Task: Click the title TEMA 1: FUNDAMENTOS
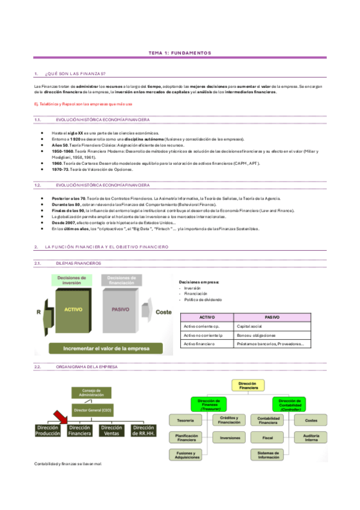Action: pyautogui.click(x=180, y=54)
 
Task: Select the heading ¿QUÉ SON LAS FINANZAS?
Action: pyautogui.click(x=75, y=73)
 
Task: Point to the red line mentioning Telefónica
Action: pyautogui.click(x=78, y=104)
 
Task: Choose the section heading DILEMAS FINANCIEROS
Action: pyautogui.click(x=78, y=263)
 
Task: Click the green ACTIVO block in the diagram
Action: pyautogui.click(x=73, y=310)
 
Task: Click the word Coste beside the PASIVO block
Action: pyautogui.click(x=163, y=312)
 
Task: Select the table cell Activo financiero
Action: pyautogui.click(x=199, y=344)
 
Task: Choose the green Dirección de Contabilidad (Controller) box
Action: pyautogui.click(x=290, y=404)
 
